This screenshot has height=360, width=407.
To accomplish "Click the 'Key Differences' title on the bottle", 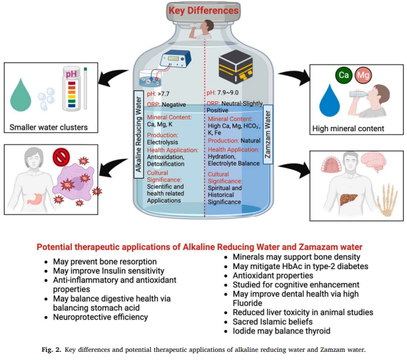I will coord(204,12).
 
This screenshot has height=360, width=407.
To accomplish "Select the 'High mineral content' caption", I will coord(344,128).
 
